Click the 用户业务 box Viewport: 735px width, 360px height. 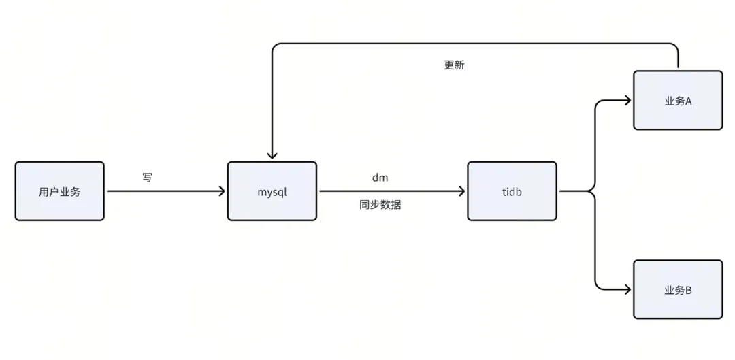click(60, 191)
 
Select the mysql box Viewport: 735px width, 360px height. click(272, 191)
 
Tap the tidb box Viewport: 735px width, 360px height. click(512, 191)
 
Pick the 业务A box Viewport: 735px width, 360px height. click(678, 100)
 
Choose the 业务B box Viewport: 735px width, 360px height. click(678, 289)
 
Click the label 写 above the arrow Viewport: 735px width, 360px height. click(148, 178)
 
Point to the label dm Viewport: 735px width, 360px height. click(380, 178)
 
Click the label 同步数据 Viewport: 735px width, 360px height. click(380, 204)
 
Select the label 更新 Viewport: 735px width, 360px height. click(454, 65)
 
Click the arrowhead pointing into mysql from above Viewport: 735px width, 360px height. click(272, 155)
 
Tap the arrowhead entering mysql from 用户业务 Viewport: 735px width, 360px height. click(220, 191)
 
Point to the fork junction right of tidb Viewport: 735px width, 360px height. click(595, 191)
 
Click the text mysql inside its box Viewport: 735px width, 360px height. click(272, 192)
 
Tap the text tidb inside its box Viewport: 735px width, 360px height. click(512, 192)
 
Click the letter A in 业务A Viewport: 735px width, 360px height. click(688, 101)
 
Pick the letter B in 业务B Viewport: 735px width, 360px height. click(688, 290)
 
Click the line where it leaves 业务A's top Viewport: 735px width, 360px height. click(678, 67)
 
